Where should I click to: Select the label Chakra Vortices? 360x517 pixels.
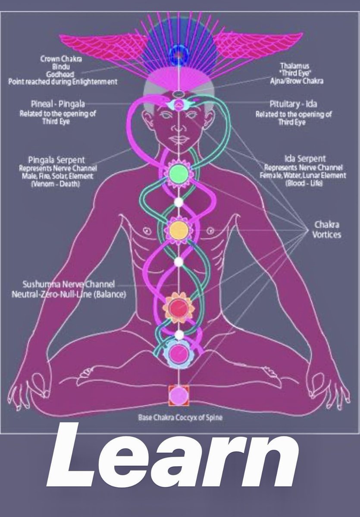(x=326, y=230)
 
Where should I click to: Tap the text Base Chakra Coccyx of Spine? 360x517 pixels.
(x=181, y=417)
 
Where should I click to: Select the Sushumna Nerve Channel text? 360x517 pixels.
(x=69, y=284)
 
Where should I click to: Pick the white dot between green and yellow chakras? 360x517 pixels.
(x=178, y=201)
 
